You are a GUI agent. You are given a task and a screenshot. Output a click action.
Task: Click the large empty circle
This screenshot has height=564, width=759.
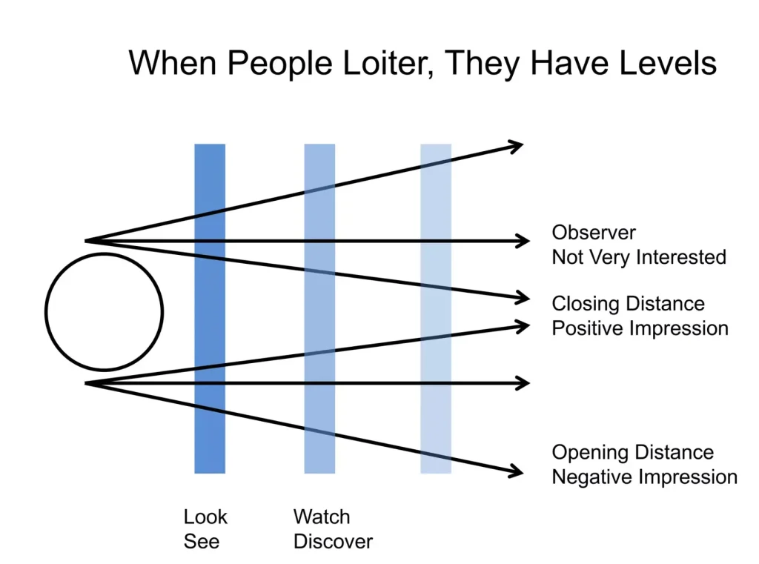coord(104,312)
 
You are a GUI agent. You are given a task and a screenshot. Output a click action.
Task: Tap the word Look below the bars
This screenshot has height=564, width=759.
coord(205,517)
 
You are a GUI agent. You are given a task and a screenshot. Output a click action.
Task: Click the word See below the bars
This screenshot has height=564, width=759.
coord(202,541)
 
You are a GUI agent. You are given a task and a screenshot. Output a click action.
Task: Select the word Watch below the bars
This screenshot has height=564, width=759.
coord(322,517)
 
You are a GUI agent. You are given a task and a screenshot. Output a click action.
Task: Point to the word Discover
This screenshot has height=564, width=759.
coord(333,541)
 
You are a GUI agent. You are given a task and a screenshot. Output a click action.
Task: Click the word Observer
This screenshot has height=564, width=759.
coord(594,233)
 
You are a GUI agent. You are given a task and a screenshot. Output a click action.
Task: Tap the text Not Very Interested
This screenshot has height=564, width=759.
coord(638,257)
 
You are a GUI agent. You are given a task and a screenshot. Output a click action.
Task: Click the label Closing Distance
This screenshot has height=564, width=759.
coord(628,304)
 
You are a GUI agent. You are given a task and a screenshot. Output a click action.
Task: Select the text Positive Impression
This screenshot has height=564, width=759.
coord(640,328)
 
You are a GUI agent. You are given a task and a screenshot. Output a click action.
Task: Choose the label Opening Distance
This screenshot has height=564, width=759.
coord(632,453)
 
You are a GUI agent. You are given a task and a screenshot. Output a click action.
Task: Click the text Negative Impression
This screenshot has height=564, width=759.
coord(644,477)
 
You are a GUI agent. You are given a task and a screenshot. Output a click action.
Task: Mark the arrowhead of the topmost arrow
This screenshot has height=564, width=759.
coord(517,145)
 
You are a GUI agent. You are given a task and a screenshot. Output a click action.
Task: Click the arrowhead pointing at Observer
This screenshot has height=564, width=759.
coord(523,241)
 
